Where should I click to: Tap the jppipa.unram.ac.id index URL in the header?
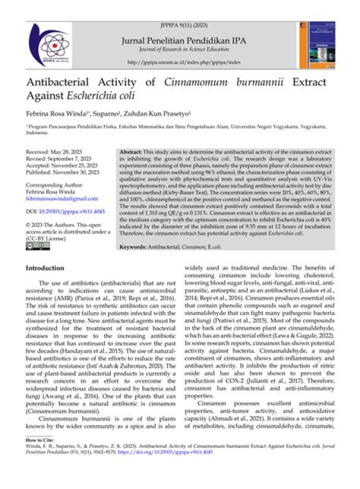point(184,62)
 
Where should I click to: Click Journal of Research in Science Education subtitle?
point(183,49)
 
